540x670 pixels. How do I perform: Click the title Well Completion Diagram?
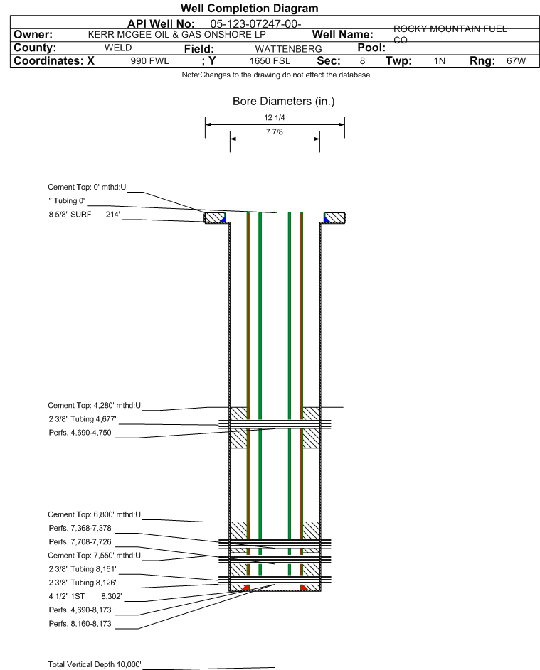tap(249, 9)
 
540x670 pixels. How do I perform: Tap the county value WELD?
tap(117, 48)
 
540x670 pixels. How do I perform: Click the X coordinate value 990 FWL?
tap(149, 62)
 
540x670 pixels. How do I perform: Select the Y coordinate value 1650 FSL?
tap(270, 62)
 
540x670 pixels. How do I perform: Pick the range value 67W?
tap(516, 62)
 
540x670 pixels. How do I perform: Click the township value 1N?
tap(440, 62)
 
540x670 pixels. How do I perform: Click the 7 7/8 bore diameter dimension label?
tap(274, 132)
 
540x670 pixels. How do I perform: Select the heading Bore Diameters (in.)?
tap(283, 102)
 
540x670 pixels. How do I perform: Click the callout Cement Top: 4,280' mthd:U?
tap(95, 406)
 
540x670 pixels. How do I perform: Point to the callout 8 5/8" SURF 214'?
tap(84, 213)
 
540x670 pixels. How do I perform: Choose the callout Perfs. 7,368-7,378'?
tap(81, 528)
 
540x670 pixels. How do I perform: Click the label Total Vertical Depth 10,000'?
tap(95, 664)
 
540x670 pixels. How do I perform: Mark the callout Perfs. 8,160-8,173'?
tap(80, 623)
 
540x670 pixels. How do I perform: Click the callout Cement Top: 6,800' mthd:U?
tap(95, 514)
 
